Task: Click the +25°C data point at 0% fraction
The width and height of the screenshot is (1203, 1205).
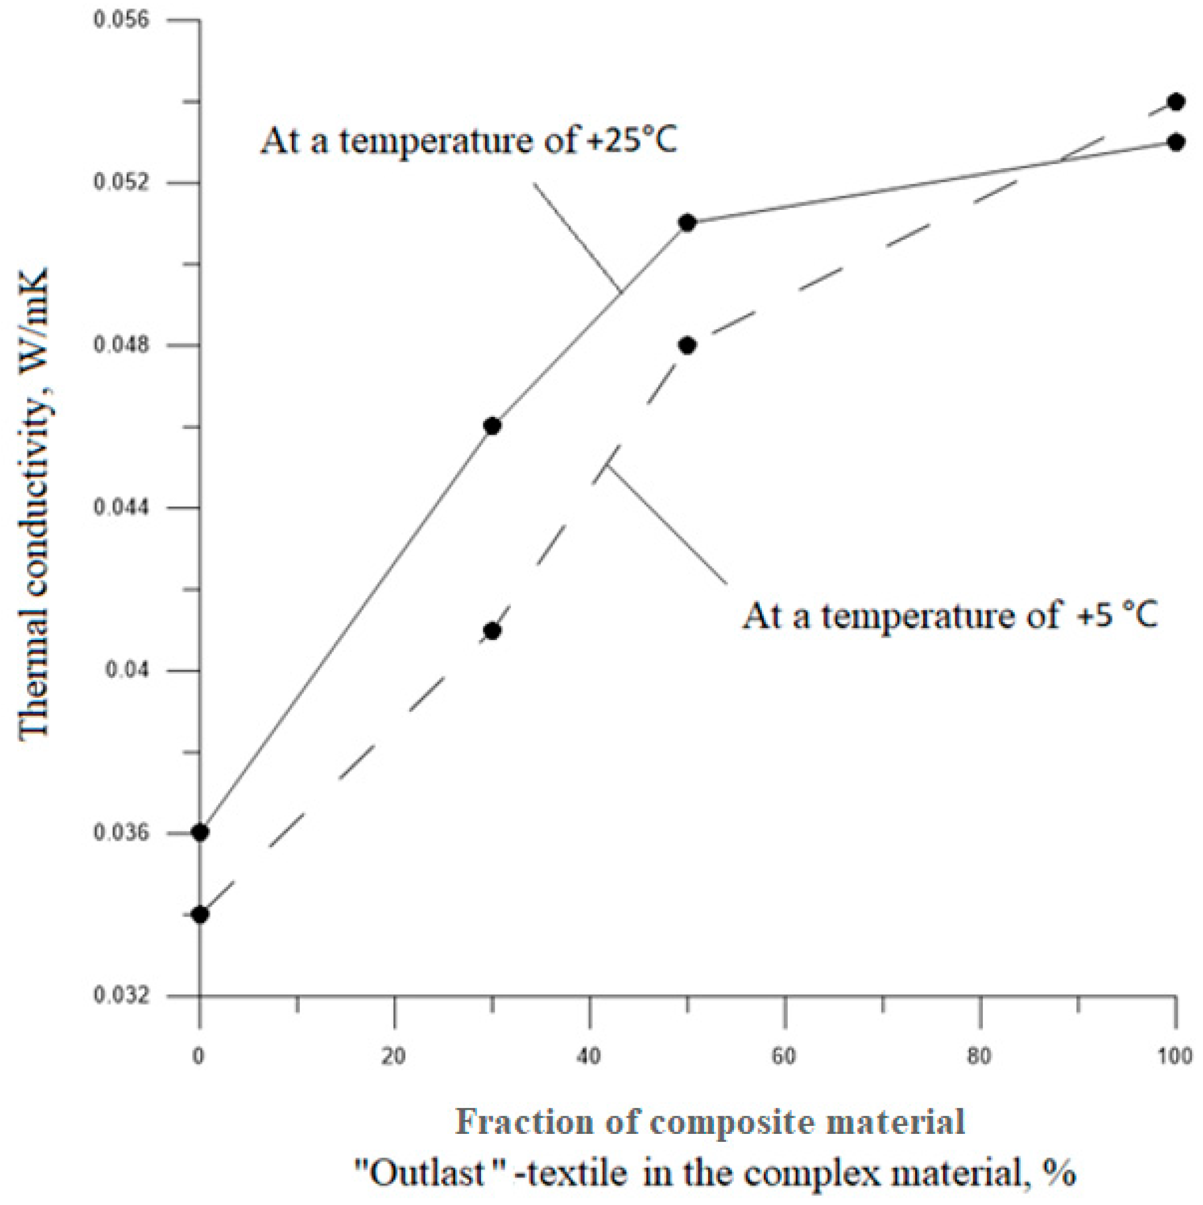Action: [200, 833]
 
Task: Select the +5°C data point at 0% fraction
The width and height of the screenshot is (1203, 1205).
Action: [200, 915]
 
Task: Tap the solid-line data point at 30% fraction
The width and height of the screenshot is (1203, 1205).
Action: [492, 426]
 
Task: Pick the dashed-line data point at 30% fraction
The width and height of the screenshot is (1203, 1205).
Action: [492, 631]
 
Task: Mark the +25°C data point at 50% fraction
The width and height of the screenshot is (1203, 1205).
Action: [688, 223]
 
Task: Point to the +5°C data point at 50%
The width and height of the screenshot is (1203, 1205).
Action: [688, 345]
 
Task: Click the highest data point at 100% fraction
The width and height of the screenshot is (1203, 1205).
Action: [1176, 102]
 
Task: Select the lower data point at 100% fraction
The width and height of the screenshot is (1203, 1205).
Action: [1176, 142]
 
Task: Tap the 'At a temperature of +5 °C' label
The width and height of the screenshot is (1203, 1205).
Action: [949, 616]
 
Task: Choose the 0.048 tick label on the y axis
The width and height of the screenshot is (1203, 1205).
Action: [122, 345]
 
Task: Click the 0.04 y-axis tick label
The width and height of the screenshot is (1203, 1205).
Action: [128, 670]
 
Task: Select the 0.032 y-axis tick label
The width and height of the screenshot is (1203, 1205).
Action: [122, 996]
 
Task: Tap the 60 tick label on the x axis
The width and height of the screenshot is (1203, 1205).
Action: [785, 1056]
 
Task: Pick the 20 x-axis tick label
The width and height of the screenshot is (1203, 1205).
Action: [394, 1056]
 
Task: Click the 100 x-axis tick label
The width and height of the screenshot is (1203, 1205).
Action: [1175, 1056]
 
